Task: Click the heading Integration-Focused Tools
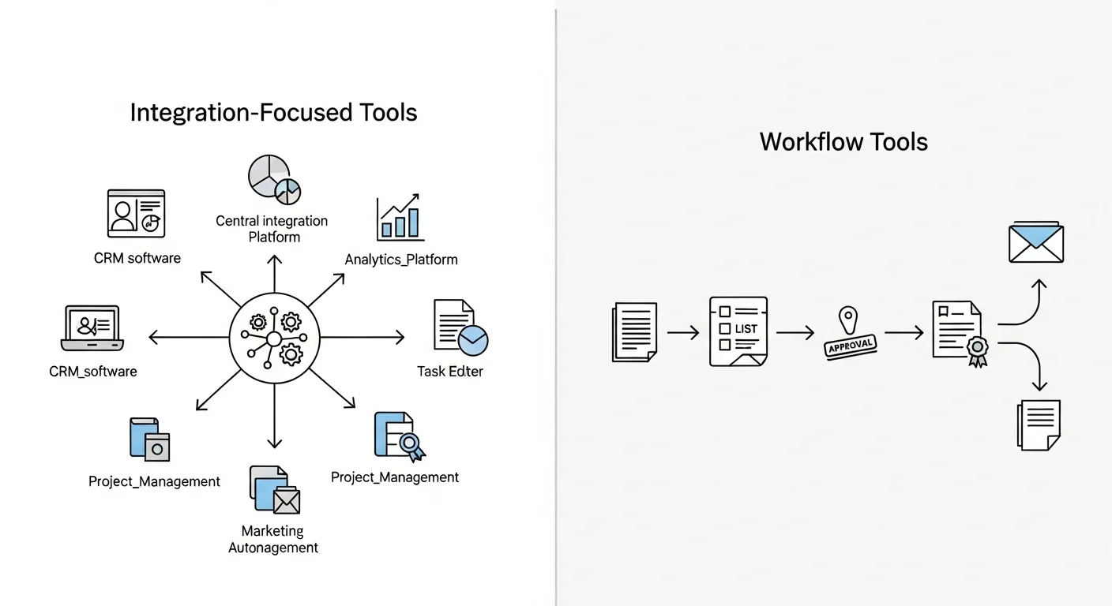(x=273, y=113)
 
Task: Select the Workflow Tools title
(x=843, y=142)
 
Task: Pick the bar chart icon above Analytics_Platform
(x=400, y=219)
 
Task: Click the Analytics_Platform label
(x=401, y=259)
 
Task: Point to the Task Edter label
(x=450, y=371)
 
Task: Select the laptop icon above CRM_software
(x=93, y=328)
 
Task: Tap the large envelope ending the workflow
(x=1036, y=242)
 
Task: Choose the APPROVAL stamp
(x=850, y=345)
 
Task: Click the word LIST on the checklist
(x=746, y=328)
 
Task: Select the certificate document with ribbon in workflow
(x=960, y=335)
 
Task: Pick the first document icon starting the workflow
(x=634, y=333)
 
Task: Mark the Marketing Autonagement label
(x=273, y=539)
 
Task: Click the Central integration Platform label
(x=272, y=229)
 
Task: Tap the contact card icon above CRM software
(x=136, y=213)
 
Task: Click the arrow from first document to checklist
(x=683, y=334)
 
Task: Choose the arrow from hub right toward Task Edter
(x=363, y=338)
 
